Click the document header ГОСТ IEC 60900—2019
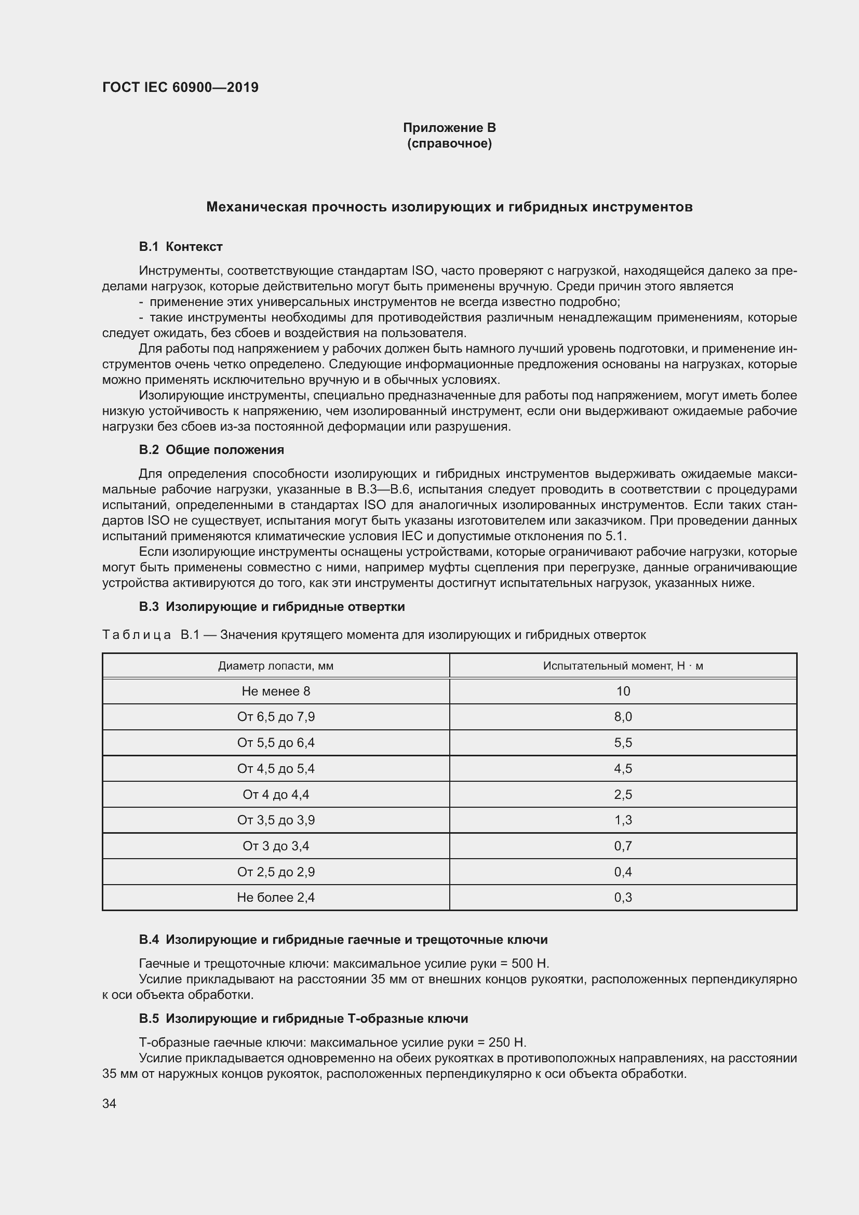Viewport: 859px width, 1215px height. click(180, 87)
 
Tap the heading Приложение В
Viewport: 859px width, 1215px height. click(449, 128)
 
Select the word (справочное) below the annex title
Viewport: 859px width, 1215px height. click(449, 143)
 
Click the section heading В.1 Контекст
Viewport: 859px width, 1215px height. click(180, 247)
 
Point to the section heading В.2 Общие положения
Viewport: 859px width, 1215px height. click(211, 450)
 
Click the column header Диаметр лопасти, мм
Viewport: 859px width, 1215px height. click(276, 666)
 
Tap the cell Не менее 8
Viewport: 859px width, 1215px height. click(276, 691)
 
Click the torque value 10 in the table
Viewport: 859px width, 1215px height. click(623, 691)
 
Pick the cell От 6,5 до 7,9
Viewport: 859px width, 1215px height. click(276, 716)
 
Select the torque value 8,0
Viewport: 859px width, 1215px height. click(623, 716)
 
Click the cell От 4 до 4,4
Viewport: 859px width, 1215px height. click(276, 794)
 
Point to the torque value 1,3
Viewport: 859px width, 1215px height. click(623, 820)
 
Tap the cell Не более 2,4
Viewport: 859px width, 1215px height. click(276, 897)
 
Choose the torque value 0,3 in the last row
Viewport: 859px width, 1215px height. click(623, 897)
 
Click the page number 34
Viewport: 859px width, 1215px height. click(109, 1103)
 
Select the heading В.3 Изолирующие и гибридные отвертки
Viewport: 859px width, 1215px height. click(272, 606)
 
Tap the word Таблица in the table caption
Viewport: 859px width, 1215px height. click(137, 634)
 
